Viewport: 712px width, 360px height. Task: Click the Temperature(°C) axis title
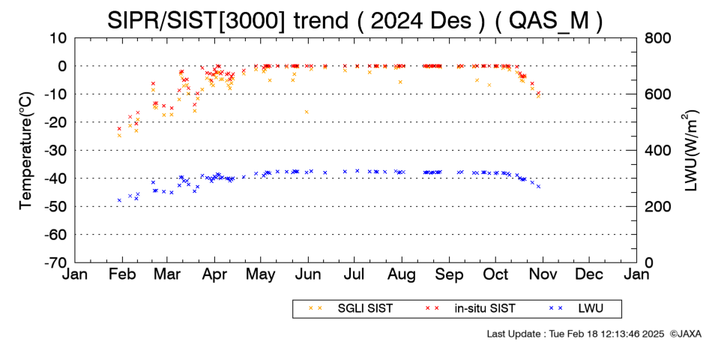[26, 151]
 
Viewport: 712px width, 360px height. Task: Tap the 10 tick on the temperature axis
[58, 38]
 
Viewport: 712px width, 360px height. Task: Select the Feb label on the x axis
[122, 275]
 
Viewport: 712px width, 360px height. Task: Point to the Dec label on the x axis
[589, 275]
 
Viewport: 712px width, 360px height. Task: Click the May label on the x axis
[261, 275]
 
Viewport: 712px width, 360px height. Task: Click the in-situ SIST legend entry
[470, 309]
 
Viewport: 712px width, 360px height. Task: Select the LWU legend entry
[576, 309]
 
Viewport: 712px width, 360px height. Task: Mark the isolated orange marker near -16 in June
[307, 112]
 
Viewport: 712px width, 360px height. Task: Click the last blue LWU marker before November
[539, 186]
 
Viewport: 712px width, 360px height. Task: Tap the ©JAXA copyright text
[686, 334]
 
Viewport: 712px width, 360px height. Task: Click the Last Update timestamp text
[576, 334]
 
